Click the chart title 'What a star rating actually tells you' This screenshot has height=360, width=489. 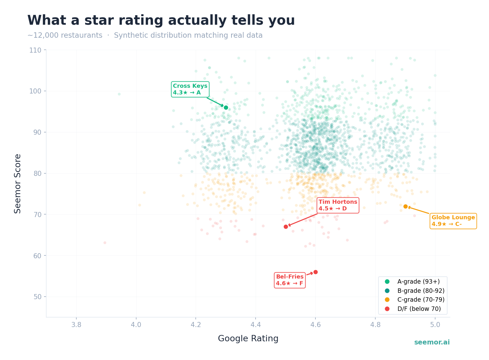pyautogui.click(x=161, y=21)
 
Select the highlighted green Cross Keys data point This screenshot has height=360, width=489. pyautogui.click(x=226, y=107)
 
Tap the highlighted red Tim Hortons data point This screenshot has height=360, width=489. pyautogui.click(x=286, y=227)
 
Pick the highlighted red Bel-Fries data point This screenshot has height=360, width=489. pyautogui.click(x=315, y=272)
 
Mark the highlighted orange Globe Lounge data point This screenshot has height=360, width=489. pyautogui.click(x=405, y=206)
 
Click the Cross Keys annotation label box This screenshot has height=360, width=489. pyautogui.click(x=190, y=89)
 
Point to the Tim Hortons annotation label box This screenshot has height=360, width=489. pyautogui.click(x=338, y=205)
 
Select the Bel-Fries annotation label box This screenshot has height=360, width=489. pyautogui.click(x=289, y=280)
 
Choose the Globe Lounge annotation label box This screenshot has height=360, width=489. pyautogui.click(x=453, y=221)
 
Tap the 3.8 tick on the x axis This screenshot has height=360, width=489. pyautogui.click(x=76, y=325)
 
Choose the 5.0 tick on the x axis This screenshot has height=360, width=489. pyautogui.click(x=435, y=325)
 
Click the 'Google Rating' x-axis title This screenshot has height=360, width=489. pyautogui.click(x=248, y=339)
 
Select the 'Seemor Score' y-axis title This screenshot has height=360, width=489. pyautogui.click(x=18, y=183)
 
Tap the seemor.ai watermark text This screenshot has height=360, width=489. pyautogui.click(x=432, y=343)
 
